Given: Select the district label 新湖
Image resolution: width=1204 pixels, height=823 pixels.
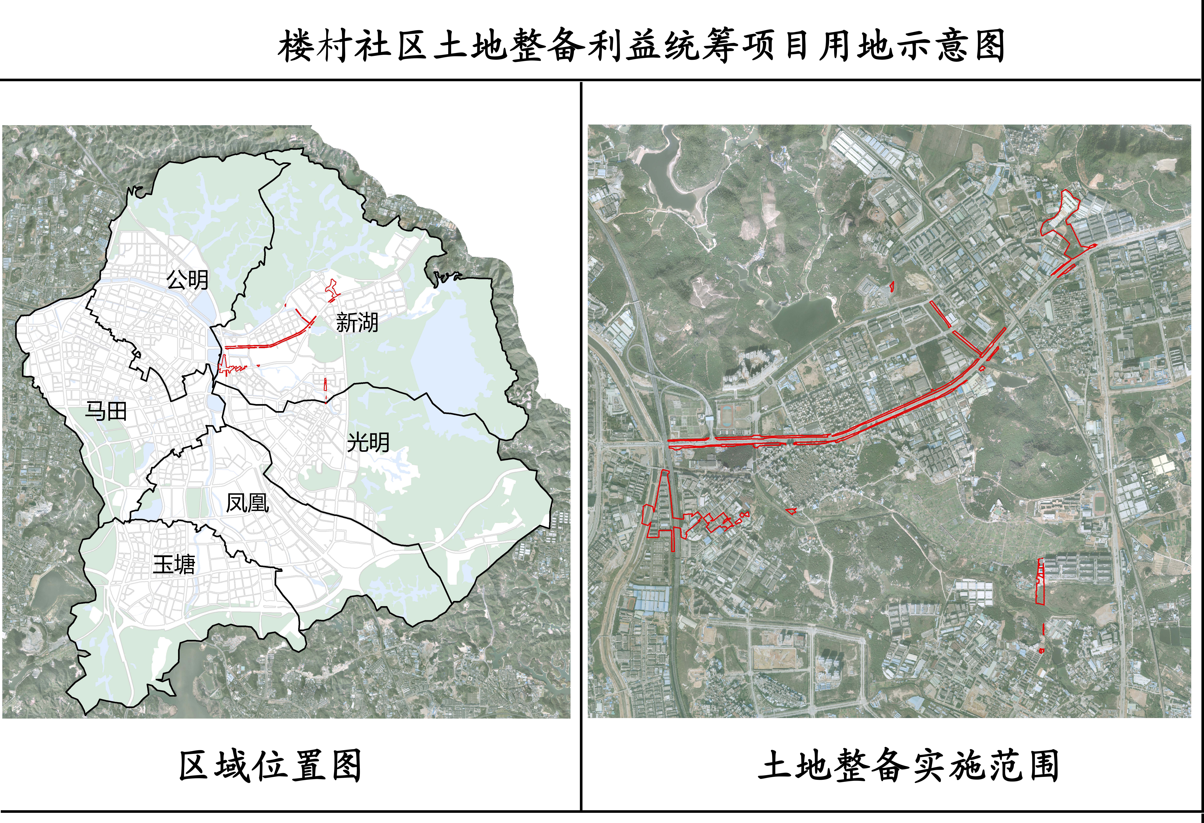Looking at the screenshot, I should pyautogui.click(x=357, y=322).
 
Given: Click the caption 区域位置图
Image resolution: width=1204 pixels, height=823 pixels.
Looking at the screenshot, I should pyautogui.click(x=270, y=766).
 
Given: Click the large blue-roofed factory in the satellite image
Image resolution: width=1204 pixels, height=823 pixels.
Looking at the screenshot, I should pyautogui.click(x=650, y=599).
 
